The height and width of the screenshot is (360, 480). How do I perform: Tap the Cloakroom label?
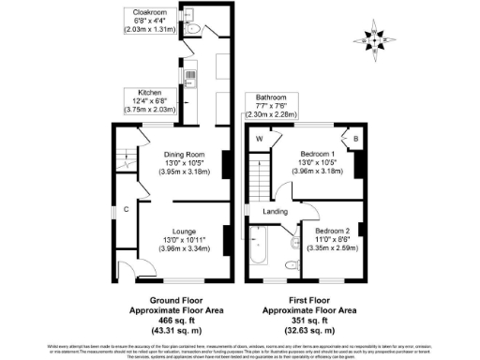click(155, 13)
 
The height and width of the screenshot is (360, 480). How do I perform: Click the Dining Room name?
click(185, 155)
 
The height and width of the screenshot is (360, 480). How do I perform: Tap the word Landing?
click(276, 212)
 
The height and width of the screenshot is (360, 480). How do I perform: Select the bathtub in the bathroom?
click(260, 248)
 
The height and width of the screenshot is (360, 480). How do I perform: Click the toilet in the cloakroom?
click(192, 29)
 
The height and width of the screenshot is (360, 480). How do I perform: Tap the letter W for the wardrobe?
click(259, 140)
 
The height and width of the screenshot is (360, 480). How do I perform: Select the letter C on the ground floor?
click(125, 209)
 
